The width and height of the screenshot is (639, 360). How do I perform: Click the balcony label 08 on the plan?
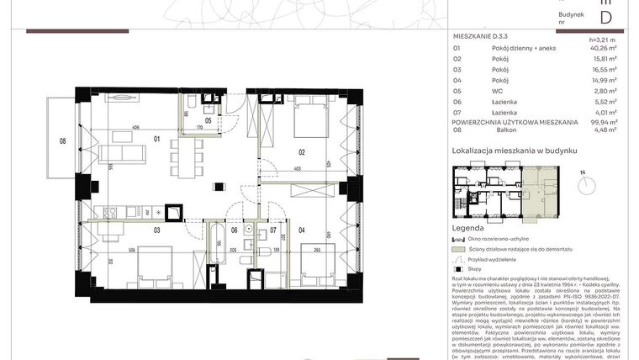[62, 140]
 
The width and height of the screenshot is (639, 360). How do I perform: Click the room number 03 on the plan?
[156, 228]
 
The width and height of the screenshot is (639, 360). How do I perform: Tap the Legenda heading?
[467, 228]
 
